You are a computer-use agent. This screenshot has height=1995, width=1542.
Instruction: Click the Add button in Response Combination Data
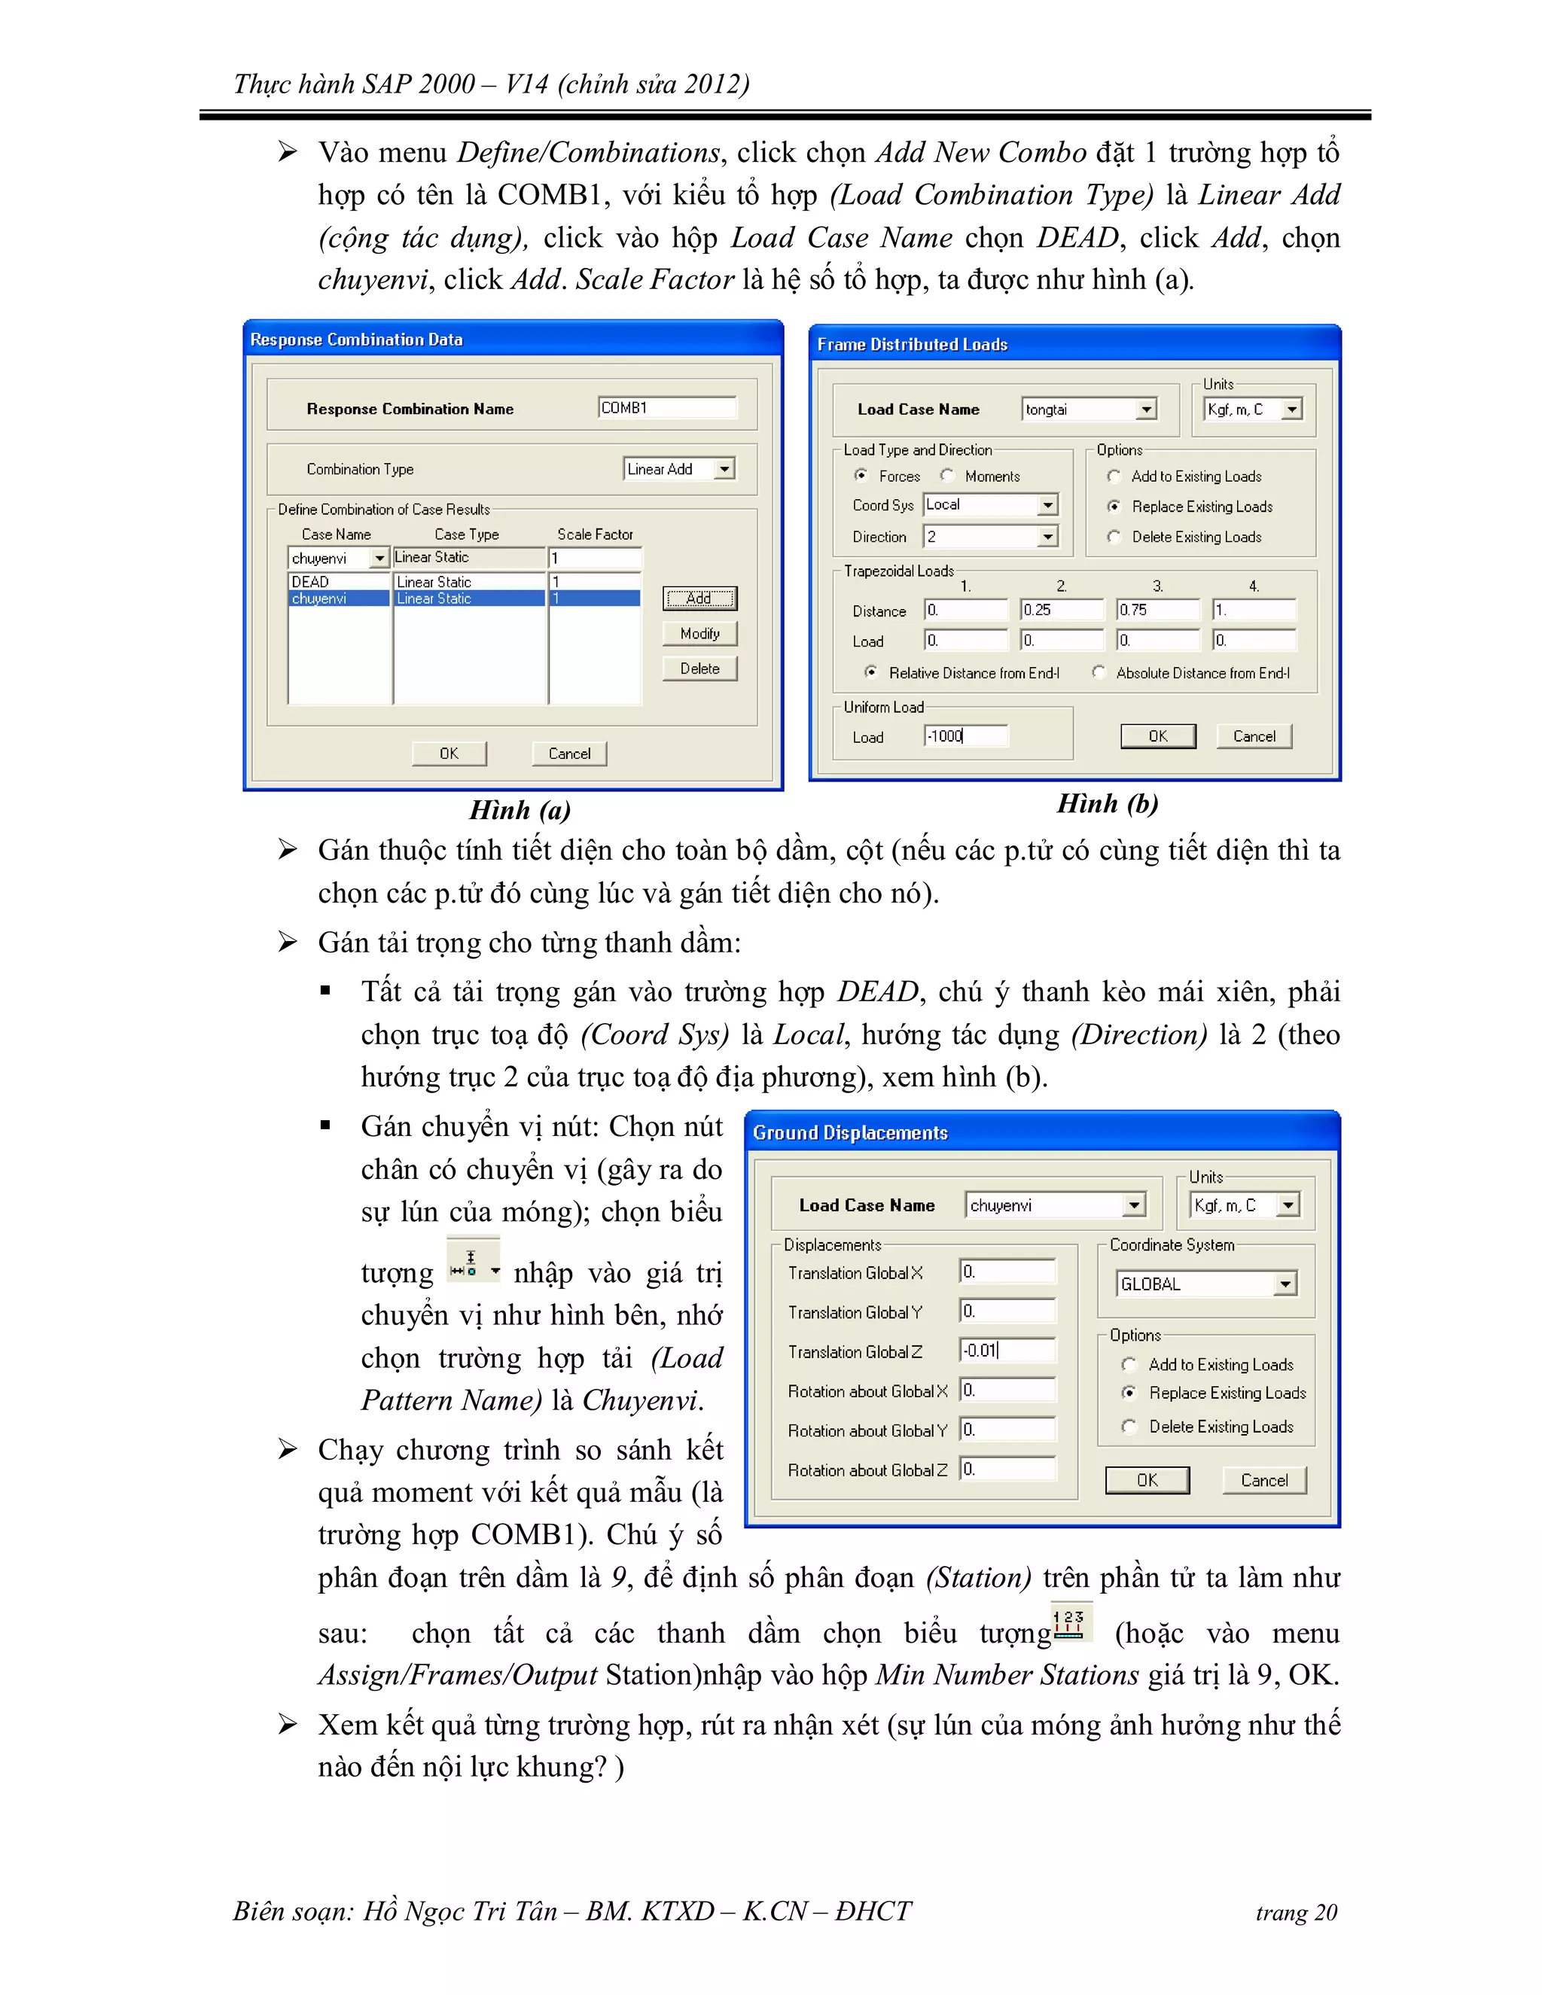(x=699, y=598)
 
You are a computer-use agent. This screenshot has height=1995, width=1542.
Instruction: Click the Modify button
(x=699, y=633)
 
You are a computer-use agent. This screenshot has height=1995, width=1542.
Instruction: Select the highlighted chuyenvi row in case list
(x=339, y=598)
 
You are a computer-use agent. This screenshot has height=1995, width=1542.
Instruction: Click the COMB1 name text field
(x=666, y=407)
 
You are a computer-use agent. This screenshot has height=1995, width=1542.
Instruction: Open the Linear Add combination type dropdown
(x=724, y=468)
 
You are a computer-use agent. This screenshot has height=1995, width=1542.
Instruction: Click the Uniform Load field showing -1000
(x=965, y=736)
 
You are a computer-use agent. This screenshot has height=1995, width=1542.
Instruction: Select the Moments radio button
(x=947, y=475)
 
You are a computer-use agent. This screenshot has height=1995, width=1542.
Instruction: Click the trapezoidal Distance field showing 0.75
(x=1156, y=609)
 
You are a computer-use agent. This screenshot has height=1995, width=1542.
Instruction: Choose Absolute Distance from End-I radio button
(x=1099, y=672)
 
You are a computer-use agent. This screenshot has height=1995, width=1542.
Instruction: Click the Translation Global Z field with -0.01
(x=1007, y=1350)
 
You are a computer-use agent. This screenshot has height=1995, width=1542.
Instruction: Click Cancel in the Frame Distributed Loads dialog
(x=1254, y=736)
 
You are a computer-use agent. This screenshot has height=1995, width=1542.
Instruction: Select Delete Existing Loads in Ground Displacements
(x=1130, y=1426)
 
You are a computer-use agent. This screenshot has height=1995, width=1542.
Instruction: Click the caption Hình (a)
(x=519, y=809)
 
